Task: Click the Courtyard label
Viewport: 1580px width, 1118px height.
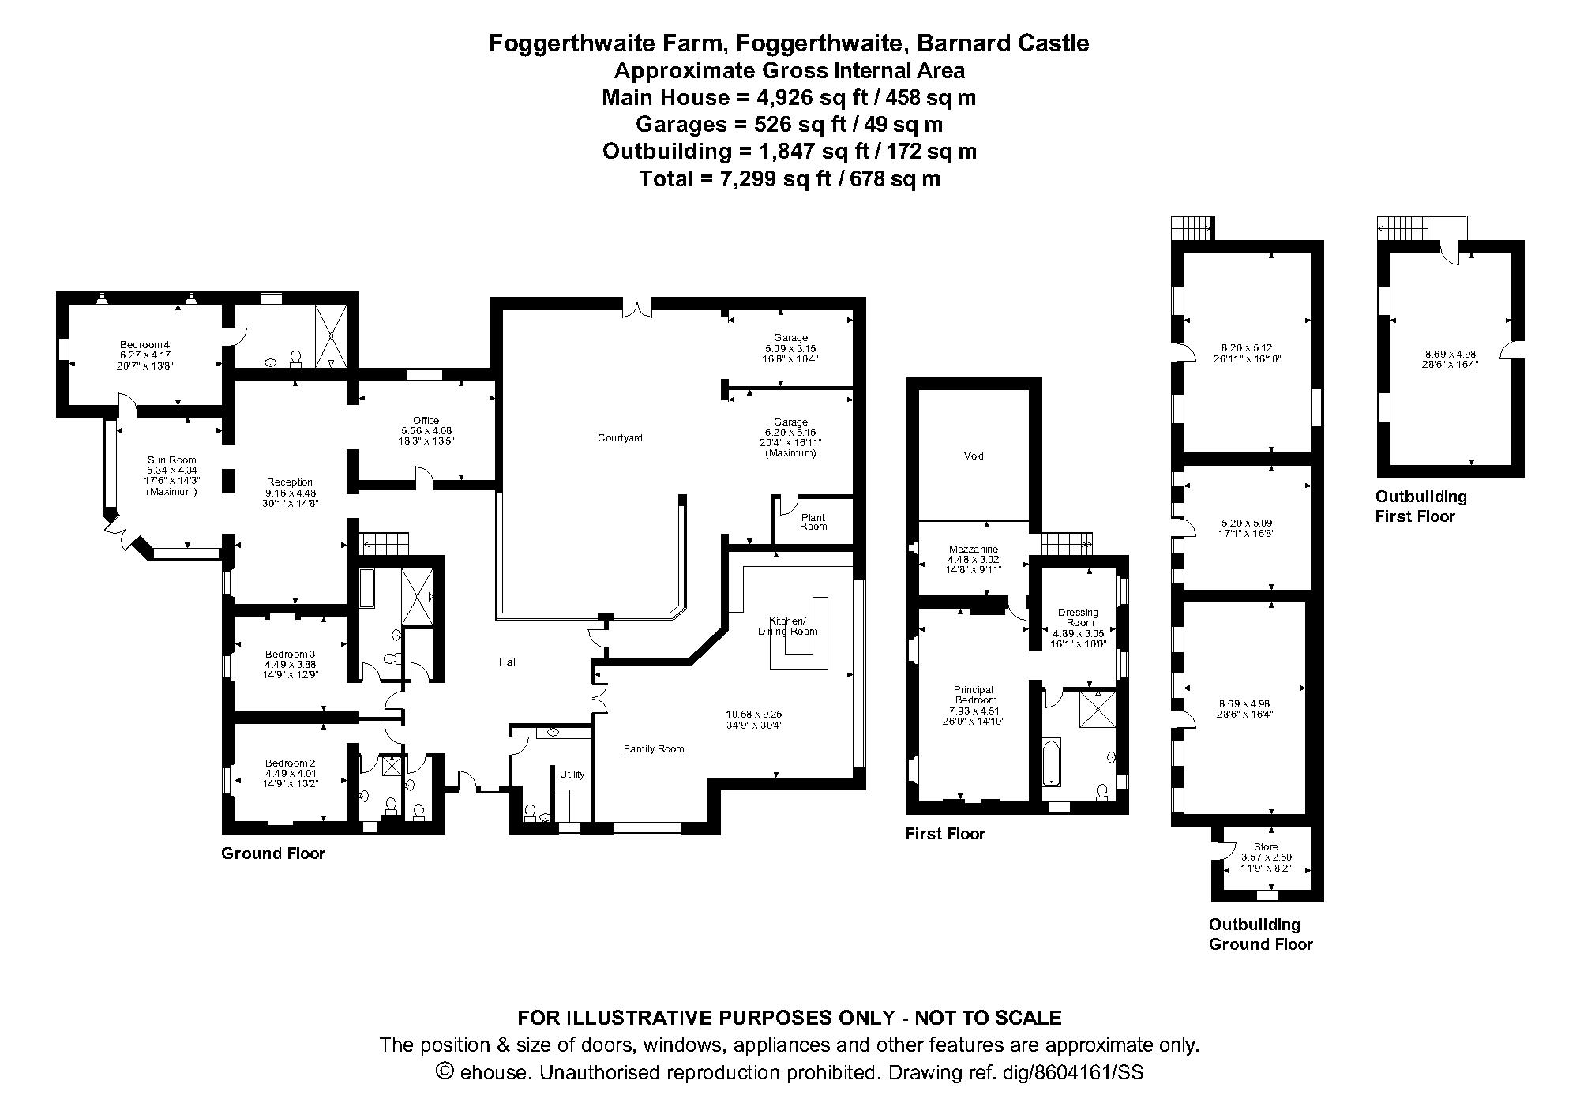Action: (x=620, y=437)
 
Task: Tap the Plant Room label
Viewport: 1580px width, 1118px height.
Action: (x=813, y=522)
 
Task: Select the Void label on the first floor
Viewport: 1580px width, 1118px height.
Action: (x=974, y=456)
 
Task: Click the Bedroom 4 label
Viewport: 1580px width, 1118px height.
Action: (x=144, y=344)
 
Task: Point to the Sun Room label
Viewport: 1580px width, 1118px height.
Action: (x=171, y=460)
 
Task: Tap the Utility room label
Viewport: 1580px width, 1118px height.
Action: (x=572, y=775)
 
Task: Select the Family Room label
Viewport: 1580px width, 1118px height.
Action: (x=654, y=749)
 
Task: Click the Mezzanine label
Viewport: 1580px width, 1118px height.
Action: (x=973, y=550)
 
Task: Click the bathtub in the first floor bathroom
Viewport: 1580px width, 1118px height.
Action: (x=1051, y=762)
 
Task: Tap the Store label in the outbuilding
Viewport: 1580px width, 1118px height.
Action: (x=1266, y=846)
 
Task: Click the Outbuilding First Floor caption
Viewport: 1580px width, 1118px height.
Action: (x=1420, y=506)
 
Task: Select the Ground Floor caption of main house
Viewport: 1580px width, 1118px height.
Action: (x=273, y=854)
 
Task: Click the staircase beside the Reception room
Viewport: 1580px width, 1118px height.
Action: (x=385, y=544)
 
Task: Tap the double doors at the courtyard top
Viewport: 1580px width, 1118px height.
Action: (x=636, y=308)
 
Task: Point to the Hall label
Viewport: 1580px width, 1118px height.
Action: (x=508, y=662)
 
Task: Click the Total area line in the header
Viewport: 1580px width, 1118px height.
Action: (x=789, y=179)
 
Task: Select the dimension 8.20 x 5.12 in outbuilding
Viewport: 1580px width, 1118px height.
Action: (x=1246, y=347)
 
